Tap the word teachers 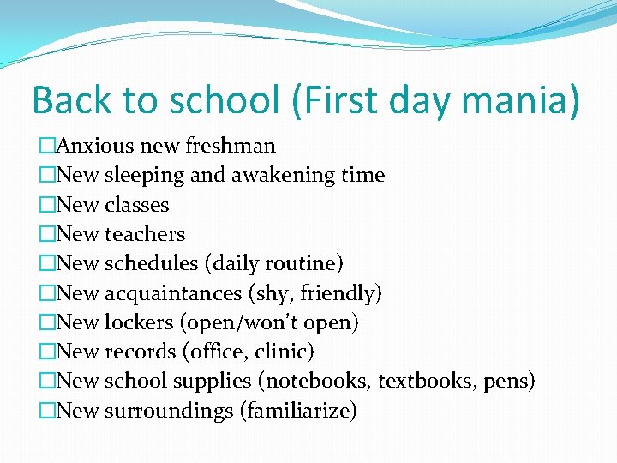click(x=144, y=234)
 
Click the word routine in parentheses click(x=307, y=263)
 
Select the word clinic click(x=284, y=352)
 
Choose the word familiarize click(x=300, y=411)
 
